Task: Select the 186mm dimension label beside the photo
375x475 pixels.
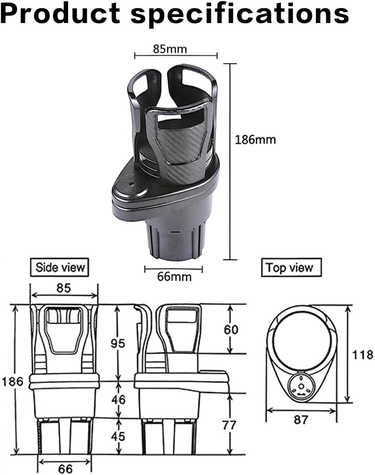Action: pos(255,139)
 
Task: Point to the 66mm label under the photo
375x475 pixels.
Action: pos(174,276)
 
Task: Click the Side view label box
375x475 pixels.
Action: pos(60,267)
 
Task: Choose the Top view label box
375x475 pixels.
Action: pos(291,268)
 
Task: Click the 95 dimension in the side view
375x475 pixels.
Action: pos(118,343)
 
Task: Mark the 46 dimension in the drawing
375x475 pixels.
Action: pos(118,399)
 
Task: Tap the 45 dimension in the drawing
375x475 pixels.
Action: pos(118,436)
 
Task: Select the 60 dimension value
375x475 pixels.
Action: pos(231,330)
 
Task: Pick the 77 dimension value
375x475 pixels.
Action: pos(230,425)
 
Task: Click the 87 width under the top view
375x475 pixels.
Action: pos(301,420)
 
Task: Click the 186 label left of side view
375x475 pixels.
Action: pos(12,381)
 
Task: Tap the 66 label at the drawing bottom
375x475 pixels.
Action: pos(65,469)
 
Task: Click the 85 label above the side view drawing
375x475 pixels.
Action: pos(63,288)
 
